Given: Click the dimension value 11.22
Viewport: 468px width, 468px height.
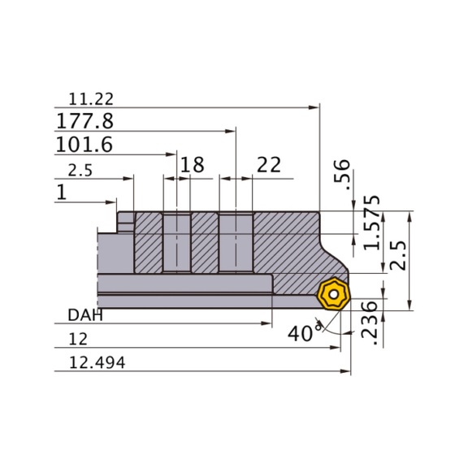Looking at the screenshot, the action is click(91, 99).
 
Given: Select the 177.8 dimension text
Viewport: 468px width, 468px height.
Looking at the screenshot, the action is click(84, 121).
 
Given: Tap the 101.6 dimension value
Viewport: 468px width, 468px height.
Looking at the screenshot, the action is click(84, 145).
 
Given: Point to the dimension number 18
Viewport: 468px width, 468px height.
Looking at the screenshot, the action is click(193, 164).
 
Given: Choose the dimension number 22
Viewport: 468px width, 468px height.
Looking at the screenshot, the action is click(269, 165).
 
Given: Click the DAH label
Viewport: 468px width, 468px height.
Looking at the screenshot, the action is click(85, 315).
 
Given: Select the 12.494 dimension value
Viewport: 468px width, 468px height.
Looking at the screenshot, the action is click(97, 362).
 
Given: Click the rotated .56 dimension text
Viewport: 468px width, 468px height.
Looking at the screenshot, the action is click(342, 175).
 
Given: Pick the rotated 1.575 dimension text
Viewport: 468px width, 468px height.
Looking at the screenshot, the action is click(372, 223).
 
